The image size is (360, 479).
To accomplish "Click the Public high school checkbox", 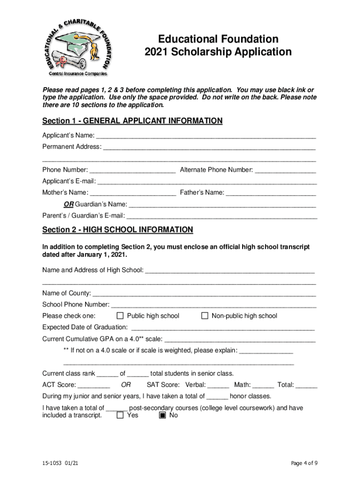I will [x=120, y=316].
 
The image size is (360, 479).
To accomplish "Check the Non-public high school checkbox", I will [x=204, y=316].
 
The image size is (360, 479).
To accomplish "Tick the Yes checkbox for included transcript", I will [x=120, y=415].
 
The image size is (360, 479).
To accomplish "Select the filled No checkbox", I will [x=162, y=415].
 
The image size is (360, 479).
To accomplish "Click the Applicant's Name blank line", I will [x=206, y=137].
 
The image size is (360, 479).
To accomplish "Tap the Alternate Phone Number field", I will [x=286, y=170].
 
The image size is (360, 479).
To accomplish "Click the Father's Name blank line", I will [x=271, y=193].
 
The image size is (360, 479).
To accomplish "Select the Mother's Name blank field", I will [x=133, y=193].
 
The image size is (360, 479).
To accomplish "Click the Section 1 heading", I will [x=132, y=121].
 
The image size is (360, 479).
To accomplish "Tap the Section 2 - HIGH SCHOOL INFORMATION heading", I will [x=117, y=230].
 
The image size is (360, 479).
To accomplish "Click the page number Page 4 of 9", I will [x=304, y=464].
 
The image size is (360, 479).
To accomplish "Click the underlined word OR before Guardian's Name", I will [x=69, y=204].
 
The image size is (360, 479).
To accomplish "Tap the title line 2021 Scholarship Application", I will [x=218, y=51].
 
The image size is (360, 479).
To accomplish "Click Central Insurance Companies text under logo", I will [x=78, y=73].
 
